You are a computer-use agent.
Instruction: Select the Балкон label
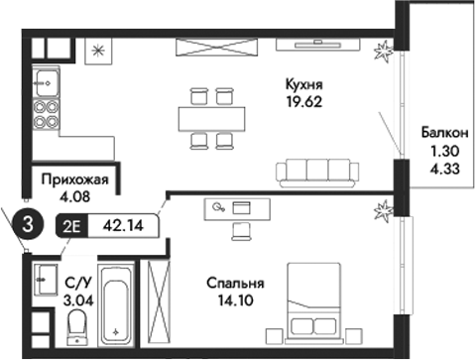(439, 135)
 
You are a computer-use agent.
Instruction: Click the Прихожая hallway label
(74, 180)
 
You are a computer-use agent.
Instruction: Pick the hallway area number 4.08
(74, 196)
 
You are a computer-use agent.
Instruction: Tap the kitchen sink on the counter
(44, 78)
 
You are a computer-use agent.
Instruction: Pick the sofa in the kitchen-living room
(319, 172)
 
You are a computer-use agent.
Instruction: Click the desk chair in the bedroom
(241, 230)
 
